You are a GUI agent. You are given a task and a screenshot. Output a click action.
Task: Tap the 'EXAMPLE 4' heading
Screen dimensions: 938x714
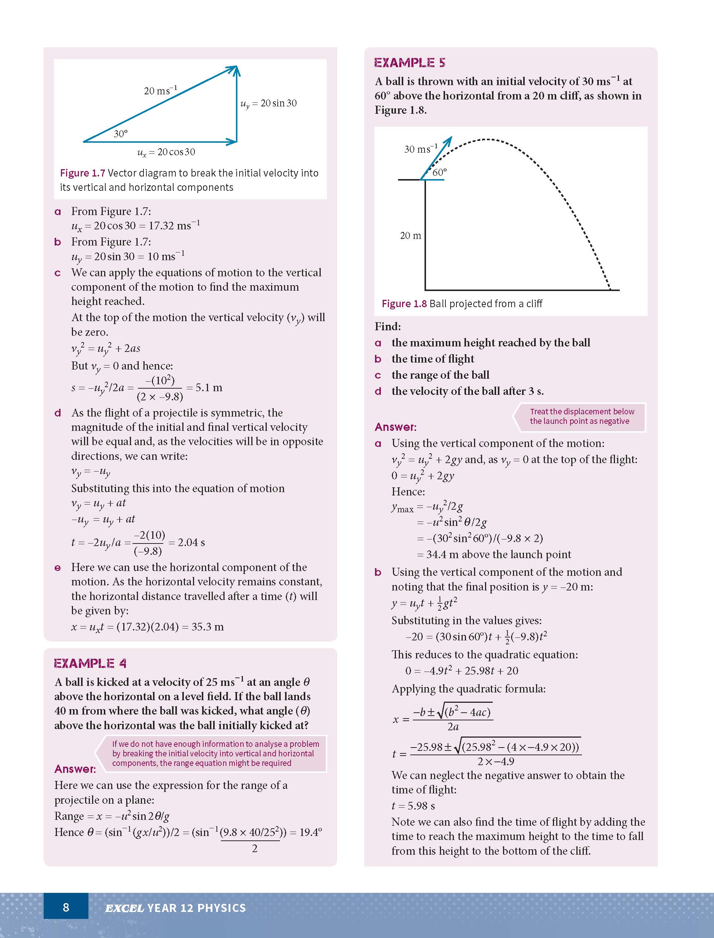click(x=90, y=663)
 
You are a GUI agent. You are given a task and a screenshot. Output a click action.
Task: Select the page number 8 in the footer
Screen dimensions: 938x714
click(x=66, y=908)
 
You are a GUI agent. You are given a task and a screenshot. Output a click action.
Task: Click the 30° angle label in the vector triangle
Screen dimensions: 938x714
click(x=121, y=134)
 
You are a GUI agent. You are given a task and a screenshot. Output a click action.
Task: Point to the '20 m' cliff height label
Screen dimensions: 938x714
click(x=410, y=236)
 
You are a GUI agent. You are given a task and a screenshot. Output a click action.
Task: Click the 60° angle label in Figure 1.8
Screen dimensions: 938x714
click(x=440, y=172)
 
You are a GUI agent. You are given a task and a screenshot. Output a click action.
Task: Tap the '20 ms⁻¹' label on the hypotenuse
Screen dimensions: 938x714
click(x=160, y=91)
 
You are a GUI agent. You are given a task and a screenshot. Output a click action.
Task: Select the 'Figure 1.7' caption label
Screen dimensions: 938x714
click(x=83, y=173)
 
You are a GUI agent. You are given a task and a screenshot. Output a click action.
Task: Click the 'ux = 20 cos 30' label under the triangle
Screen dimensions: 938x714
click(x=166, y=152)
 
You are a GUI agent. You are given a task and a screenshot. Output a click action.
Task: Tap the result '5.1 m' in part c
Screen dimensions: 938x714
click(x=209, y=388)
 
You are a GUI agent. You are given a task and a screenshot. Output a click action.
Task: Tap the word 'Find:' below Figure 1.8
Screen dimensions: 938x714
click(x=387, y=326)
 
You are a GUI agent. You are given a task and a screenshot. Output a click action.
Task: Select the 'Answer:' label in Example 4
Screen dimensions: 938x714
click(x=75, y=769)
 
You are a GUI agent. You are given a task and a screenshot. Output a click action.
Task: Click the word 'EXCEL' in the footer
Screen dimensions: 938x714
click(x=124, y=908)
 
